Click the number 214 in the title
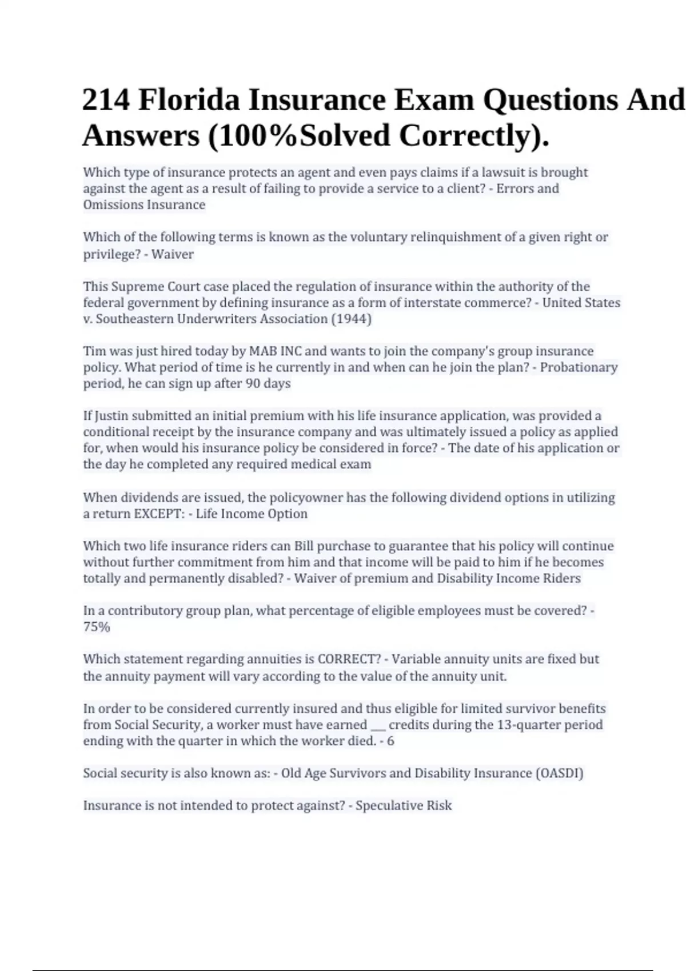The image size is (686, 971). tap(106, 100)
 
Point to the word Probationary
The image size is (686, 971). tap(579, 367)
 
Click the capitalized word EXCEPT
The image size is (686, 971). tap(157, 513)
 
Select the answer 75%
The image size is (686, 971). tap(96, 627)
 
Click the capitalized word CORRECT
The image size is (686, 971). tap(349, 659)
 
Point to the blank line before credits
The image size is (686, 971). tap(378, 726)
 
